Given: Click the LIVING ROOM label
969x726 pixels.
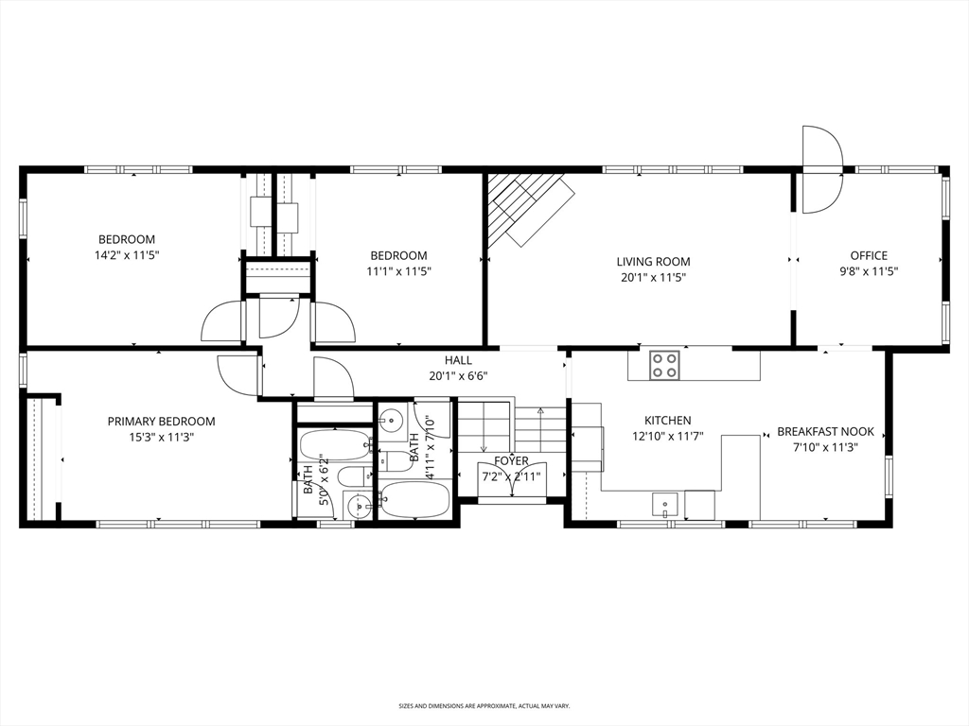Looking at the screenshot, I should click(x=653, y=262).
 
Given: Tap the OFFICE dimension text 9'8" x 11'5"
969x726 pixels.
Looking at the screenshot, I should click(x=869, y=271).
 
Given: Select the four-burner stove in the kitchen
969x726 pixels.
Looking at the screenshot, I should click(x=665, y=365).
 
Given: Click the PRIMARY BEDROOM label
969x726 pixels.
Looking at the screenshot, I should click(x=161, y=422).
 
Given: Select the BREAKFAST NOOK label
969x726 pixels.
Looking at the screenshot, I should click(x=825, y=432).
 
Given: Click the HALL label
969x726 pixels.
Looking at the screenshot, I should click(x=458, y=360).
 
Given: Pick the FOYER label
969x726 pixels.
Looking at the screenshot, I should click(x=511, y=461).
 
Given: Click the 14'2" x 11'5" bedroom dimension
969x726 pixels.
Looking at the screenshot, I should click(x=127, y=255).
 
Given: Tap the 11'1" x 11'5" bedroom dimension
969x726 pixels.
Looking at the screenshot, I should click(x=398, y=271).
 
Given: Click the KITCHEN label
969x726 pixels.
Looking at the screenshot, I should click(x=667, y=421).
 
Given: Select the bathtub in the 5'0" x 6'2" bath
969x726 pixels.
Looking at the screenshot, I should click(x=335, y=444).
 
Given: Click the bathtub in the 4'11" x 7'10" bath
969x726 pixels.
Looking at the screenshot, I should click(x=416, y=500).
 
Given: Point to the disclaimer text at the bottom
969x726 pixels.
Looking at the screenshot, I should click(x=484, y=706).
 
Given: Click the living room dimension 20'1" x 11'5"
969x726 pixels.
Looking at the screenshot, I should click(x=653, y=278).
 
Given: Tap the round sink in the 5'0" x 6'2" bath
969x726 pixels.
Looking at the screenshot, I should click(x=359, y=506).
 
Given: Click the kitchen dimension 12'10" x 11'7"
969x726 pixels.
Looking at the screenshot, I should click(x=667, y=437).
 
